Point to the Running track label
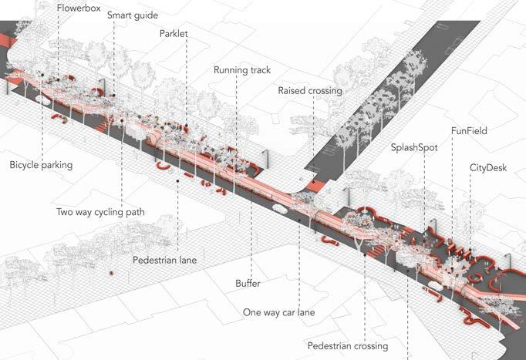point(248,70)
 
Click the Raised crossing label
point(309,91)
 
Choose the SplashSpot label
point(416,146)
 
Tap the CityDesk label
point(487,167)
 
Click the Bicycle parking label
point(41,165)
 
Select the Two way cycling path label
point(100,212)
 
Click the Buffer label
point(248,284)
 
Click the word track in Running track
point(267,70)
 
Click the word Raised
point(292,91)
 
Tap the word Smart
point(120,15)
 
